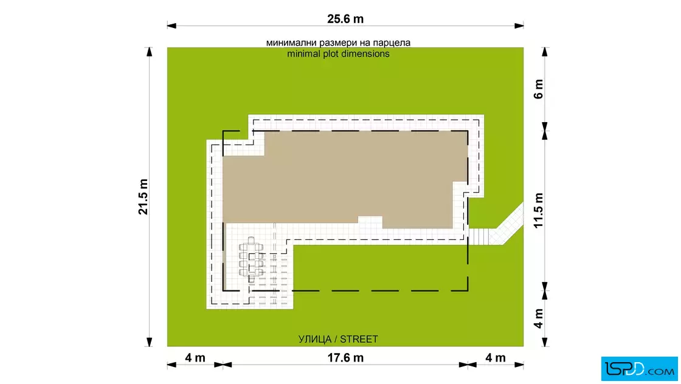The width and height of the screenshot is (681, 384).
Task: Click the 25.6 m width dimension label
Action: coord(345,19)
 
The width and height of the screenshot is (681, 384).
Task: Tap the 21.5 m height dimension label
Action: coord(143,196)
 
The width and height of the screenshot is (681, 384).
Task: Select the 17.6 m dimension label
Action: coord(345,358)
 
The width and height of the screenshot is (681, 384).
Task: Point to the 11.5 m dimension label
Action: coord(539,210)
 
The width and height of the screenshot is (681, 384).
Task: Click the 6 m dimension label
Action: coord(539,89)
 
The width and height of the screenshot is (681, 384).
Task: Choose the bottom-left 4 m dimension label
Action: coord(195,358)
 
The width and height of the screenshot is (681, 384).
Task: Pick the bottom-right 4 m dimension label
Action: coord(496,358)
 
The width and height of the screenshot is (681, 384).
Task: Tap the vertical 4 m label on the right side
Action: coord(539,318)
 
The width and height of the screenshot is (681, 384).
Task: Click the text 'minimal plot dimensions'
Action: coord(338,54)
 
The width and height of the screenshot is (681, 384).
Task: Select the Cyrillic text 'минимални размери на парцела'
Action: coord(338,43)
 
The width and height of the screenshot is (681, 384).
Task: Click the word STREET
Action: coord(359,339)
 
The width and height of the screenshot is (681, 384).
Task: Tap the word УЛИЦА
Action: coord(315,339)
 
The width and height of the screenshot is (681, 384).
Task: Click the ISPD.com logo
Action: coord(639,369)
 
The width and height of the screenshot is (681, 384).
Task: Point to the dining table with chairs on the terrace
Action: coord(251,259)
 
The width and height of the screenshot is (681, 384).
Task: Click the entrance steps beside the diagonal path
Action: coord(479,236)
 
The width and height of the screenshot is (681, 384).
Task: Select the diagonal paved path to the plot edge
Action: coord(506,224)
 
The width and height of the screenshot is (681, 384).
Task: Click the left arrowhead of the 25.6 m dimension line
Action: coord(171,26)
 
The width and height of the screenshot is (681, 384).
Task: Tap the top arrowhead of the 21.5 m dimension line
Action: coord(150,52)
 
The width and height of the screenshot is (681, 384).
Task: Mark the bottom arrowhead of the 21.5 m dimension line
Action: coord(150,342)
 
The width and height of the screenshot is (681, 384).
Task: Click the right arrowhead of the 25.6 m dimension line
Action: coord(519,26)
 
